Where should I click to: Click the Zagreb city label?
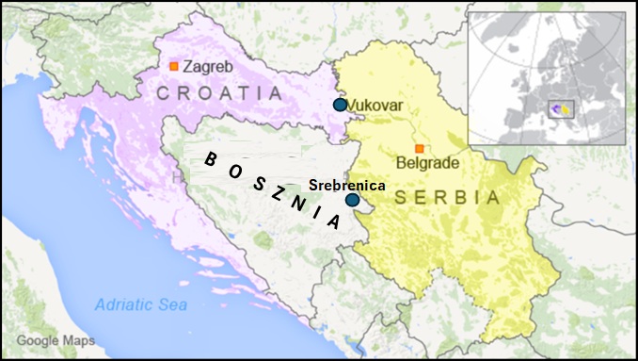[209, 67]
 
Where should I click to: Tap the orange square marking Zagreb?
[174, 66]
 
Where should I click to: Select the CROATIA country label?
[219, 93]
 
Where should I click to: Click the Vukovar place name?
[375, 106]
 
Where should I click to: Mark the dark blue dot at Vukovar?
[340, 105]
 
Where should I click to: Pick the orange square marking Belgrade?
[420, 148]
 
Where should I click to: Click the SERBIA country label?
[448, 198]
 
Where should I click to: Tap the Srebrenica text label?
[347, 185]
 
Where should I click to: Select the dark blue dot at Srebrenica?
[351, 200]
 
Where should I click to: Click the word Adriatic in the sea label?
[126, 304]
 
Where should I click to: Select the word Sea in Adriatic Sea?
[173, 304]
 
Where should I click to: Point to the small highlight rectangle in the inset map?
[562, 111]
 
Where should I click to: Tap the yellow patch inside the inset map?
[566, 113]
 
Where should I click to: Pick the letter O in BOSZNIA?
[233, 168]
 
